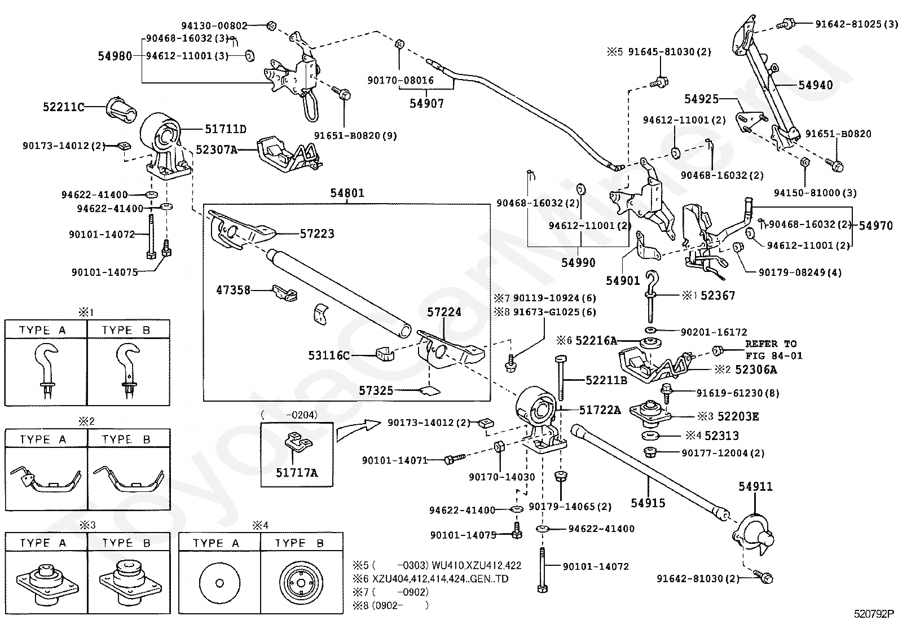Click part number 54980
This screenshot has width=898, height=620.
115,56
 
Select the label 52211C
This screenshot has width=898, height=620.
63,107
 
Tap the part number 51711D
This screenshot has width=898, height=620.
226,129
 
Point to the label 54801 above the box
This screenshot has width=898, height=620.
347,193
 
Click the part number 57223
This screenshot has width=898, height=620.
317,234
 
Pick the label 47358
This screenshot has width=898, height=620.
234,290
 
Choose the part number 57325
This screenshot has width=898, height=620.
376,390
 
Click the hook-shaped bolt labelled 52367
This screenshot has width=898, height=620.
651,297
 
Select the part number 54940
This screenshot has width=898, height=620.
816,85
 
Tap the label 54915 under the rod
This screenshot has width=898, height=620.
648,503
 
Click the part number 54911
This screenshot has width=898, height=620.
755,486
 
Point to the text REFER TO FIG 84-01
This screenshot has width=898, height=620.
774,350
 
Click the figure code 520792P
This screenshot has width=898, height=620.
874,614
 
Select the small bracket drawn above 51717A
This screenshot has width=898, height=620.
298,441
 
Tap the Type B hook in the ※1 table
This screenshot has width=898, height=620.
128,371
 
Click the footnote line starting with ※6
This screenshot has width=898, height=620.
430,579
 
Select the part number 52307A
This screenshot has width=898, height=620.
217,149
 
